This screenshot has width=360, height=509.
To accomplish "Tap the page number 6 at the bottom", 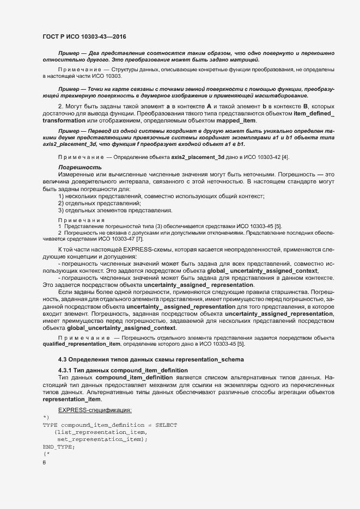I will pos(44,463).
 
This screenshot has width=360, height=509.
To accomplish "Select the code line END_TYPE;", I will pos(58,446).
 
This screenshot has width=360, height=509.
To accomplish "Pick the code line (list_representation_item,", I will pos(93,432).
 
